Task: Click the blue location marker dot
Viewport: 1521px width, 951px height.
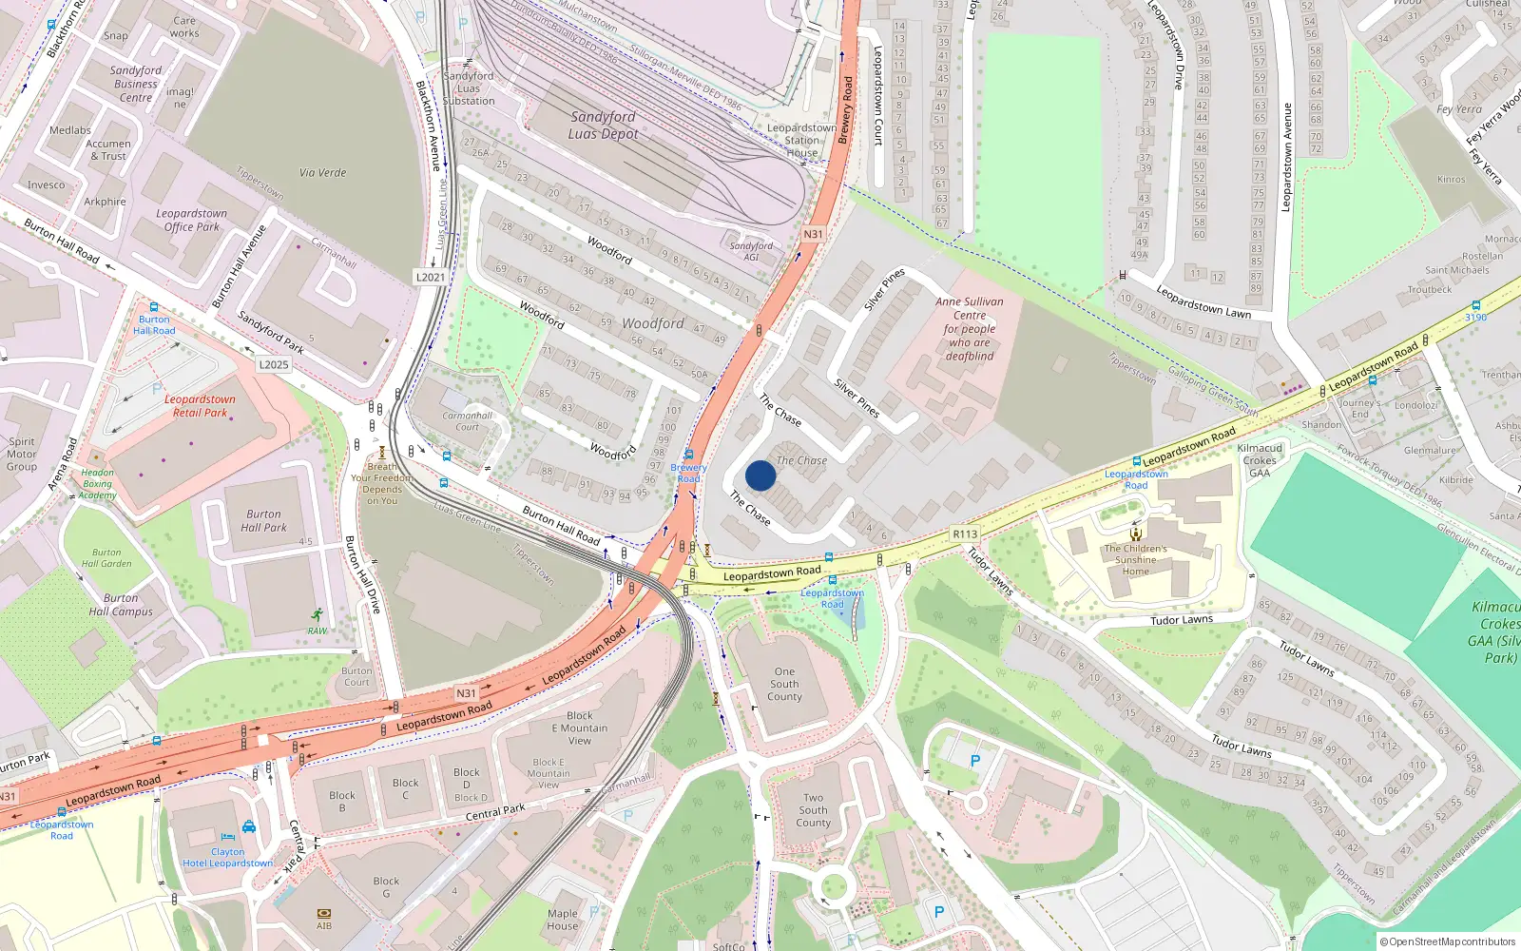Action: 760,475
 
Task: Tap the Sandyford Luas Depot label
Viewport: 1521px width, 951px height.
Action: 603,126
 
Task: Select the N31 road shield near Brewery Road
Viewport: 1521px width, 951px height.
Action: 813,234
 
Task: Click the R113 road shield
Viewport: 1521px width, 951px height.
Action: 965,534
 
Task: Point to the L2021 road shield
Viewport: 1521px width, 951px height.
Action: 430,277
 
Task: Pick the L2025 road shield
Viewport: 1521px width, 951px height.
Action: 274,364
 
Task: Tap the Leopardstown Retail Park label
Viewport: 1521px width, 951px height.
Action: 200,406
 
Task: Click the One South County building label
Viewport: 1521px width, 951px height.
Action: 784,685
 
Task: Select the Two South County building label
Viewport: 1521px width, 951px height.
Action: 813,811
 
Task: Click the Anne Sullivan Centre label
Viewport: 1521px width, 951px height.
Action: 970,328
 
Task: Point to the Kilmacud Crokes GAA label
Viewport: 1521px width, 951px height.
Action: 1261,460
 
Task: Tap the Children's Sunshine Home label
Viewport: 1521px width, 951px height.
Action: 1136,560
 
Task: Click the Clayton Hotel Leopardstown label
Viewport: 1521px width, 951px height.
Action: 228,858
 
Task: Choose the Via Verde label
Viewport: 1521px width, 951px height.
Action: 323,173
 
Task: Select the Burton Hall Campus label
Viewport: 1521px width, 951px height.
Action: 121,605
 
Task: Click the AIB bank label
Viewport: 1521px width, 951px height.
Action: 324,925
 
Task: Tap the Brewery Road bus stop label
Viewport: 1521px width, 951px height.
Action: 688,473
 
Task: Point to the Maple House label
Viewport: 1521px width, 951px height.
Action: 563,920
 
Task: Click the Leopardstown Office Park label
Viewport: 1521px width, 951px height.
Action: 192,221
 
